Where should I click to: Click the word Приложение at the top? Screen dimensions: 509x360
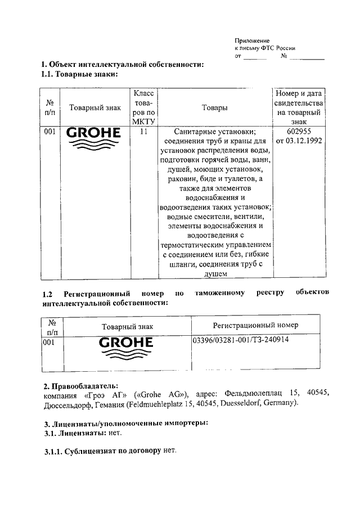(251, 40)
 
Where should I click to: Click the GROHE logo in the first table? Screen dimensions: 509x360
(93, 138)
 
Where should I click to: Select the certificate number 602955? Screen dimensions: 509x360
(299, 130)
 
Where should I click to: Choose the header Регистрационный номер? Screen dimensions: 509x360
(255, 325)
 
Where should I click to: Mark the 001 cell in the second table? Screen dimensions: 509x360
(49, 341)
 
